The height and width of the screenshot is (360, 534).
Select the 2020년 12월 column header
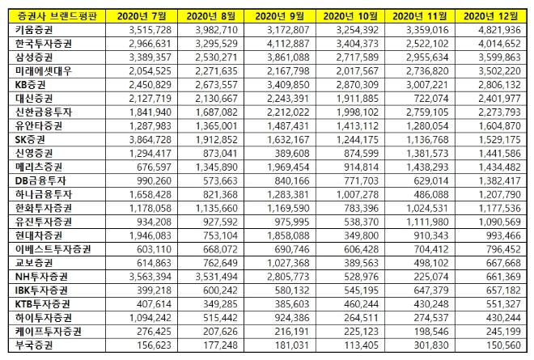(x=494, y=15)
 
